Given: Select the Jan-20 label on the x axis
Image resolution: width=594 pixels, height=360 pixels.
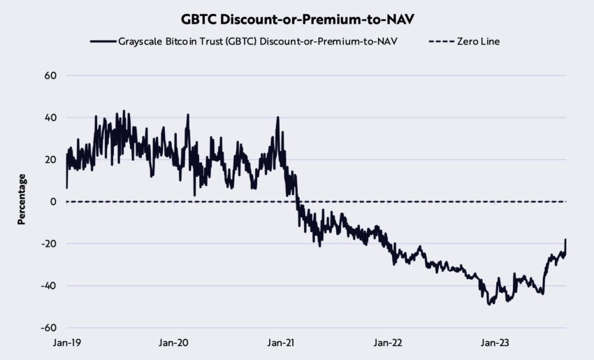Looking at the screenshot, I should pyautogui.click(x=173, y=343).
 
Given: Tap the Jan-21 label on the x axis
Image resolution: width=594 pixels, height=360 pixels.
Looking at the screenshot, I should pyautogui.click(x=281, y=343).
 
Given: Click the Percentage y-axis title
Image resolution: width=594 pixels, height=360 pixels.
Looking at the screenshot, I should pyautogui.click(x=22, y=200).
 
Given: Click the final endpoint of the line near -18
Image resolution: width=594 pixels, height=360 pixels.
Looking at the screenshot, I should pyautogui.click(x=565, y=240).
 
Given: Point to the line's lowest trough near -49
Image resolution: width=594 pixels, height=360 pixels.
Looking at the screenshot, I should pyautogui.click(x=489, y=304).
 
